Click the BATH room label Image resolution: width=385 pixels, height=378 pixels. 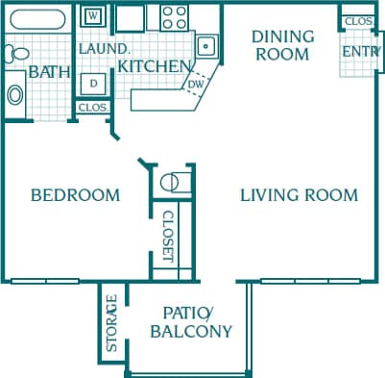(48, 71)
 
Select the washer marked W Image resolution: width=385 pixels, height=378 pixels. (93, 16)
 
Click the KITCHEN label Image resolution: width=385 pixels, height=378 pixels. (153, 66)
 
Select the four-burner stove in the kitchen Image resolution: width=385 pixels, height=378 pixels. (174, 16)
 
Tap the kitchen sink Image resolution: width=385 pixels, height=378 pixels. (205, 45)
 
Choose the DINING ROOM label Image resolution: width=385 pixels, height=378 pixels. (282, 45)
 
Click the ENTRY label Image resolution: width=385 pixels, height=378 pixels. (360, 50)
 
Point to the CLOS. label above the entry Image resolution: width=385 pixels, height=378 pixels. (357, 20)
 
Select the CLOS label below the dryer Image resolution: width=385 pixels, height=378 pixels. (93, 108)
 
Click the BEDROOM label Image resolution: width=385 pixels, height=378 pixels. (76, 195)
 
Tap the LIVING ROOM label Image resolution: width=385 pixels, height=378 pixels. (299, 195)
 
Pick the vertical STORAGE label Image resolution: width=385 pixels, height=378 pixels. (111, 324)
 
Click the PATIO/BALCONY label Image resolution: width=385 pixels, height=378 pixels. (192, 322)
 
